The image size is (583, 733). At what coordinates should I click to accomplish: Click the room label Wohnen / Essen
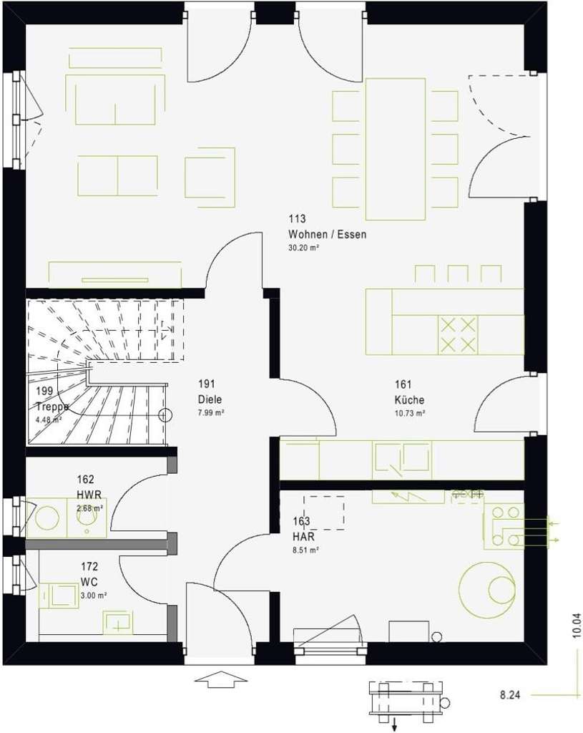(x=327, y=235)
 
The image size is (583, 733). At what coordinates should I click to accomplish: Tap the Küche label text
(x=408, y=400)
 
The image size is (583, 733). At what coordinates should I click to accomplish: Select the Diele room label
(x=210, y=400)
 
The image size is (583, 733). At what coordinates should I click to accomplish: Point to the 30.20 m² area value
(x=303, y=248)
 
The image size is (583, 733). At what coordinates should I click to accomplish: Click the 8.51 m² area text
(x=305, y=550)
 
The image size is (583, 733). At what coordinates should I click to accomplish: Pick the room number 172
(x=90, y=566)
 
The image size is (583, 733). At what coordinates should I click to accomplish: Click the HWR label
(x=89, y=495)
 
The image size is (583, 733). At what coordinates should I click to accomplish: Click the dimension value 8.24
(x=509, y=694)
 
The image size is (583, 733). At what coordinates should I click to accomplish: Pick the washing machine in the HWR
(x=48, y=518)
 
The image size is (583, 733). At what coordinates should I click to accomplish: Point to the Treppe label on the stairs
(x=52, y=407)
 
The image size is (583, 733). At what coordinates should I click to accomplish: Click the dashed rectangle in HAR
(x=323, y=512)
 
